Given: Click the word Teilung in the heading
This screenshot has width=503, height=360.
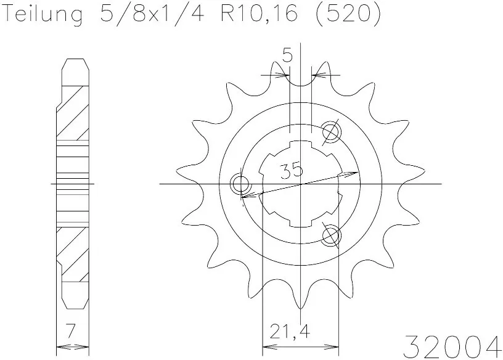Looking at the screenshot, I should [43, 15].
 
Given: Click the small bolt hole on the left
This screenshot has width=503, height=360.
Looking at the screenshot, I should [239, 184].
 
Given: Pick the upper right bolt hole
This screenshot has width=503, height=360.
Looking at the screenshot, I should [331, 131].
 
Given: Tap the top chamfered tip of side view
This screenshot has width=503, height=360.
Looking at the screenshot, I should [74, 62].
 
